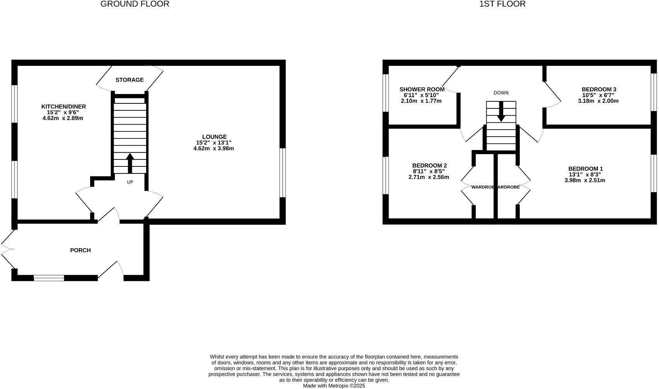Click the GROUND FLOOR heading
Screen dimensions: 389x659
tap(135, 4)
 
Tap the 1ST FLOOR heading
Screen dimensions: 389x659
tap(502, 4)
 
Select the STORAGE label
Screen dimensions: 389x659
tap(130, 80)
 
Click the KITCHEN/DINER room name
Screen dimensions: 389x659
tap(63, 106)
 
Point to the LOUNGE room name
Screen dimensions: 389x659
tap(214, 137)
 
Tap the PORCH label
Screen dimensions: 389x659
tap(80, 250)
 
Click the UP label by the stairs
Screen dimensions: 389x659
tap(130, 182)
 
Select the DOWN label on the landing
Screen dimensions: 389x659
tap(501, 93)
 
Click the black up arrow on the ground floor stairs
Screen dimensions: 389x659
tap(130, 163)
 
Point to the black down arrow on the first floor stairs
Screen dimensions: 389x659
tap(501, 112)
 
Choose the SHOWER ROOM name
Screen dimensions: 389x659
tap(422, 89)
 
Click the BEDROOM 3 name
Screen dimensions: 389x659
tap(599, 89)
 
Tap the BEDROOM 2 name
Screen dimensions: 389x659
tap(429, 166)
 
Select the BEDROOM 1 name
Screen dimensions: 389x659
tap(585, 169)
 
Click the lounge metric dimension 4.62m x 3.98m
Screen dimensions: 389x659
tap(213, 148)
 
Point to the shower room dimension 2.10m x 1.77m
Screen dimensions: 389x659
tap(421, 101)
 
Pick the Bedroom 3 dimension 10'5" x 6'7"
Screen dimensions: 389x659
tap(598, 95)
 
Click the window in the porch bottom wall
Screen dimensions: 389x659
tap(49, 278)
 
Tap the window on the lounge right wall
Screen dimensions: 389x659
tap(283, 173)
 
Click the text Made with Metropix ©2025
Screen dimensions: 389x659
tap(334, 386)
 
